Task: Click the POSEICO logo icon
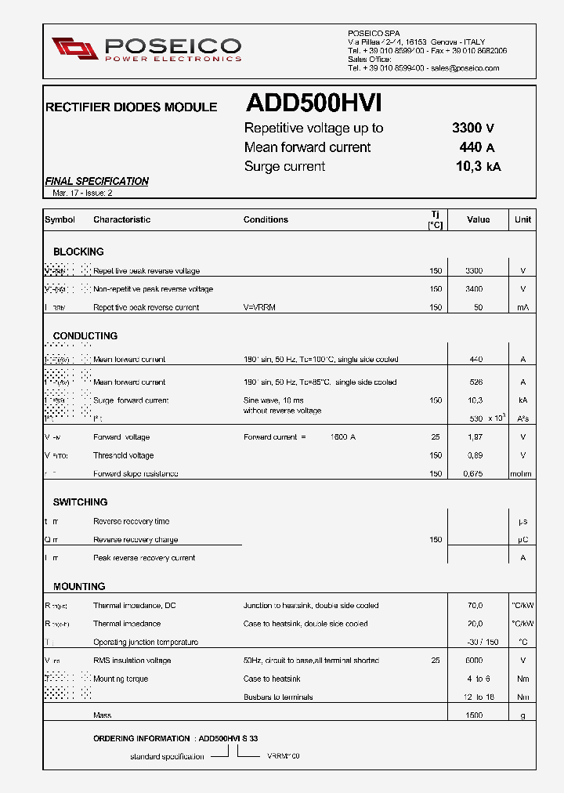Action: pos(76,48)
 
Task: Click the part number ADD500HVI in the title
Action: pos(313,104)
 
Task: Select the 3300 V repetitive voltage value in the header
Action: pos(473,129)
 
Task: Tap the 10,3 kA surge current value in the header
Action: pos(478,166)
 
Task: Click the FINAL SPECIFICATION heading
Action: pos(96,181)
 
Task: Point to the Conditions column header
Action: pos(266,219)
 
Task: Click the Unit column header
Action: pos(522,219)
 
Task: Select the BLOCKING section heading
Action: pos(78,252)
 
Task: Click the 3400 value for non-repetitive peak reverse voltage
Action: pos(474,289)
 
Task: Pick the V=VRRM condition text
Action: pos(259,307)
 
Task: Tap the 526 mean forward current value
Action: pos(475,382)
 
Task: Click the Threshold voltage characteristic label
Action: pos(123,455)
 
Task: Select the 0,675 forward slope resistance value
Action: pos(473,473)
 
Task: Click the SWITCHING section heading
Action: pos(80,502)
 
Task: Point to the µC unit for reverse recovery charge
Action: pos(522,540)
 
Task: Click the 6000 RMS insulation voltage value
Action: pos(474,661)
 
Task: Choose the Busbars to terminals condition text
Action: pos(278,697)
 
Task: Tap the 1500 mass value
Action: pos(474,715)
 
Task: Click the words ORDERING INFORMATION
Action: pos(141,738)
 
